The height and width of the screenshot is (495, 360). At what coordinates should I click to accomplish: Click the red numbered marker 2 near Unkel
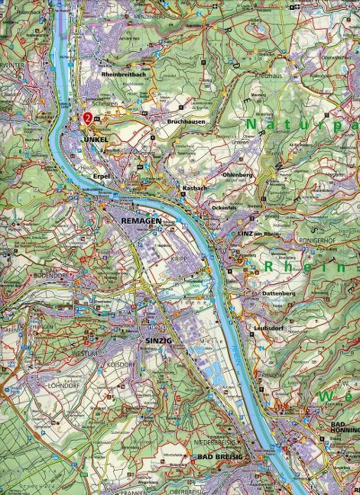click(x=89, y=118)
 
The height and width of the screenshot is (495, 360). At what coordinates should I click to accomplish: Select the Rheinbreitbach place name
click(x=128, y=74)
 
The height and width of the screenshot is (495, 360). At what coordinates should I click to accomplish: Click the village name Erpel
click(x=102, y=176)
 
